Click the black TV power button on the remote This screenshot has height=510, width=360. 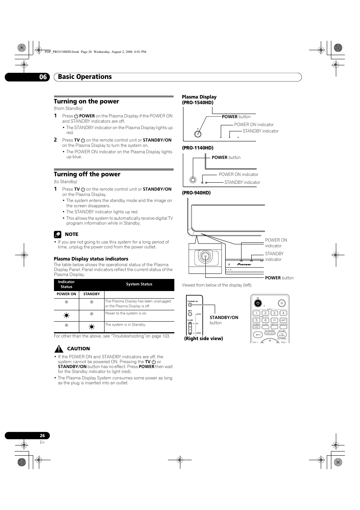[258, 303]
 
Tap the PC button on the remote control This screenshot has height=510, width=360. [274, 320]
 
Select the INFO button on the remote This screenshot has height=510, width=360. [258, 335]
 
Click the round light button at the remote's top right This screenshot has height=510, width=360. [282, 303]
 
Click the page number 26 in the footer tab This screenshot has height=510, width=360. [42, 435]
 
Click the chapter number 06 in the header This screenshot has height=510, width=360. [43, 77]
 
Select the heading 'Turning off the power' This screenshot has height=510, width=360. [87, 174]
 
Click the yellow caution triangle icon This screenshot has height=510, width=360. [58, 349]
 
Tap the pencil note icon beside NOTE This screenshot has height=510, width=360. [57, 234]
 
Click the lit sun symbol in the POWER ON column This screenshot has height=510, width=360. [66, 316]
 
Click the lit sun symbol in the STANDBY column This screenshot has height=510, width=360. [91, 327]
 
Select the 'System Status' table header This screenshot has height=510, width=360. [139, 284]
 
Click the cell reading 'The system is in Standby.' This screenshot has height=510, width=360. [125, 325]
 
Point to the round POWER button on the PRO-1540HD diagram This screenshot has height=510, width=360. [198, 134]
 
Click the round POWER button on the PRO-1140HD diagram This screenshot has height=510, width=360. [193, 180]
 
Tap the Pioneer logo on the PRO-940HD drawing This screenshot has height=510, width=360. [244, 264]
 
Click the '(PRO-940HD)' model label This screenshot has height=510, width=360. [196, 193]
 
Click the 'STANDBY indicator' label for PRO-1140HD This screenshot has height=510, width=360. [242, 182]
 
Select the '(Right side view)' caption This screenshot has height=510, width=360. [203, 339]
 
